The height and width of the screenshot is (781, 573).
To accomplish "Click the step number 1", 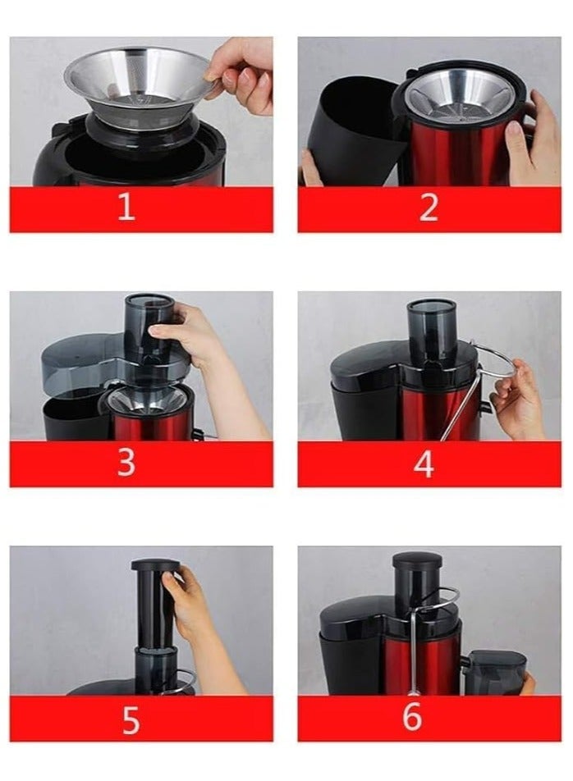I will (126, 208).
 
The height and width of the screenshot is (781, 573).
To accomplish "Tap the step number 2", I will (429, 208).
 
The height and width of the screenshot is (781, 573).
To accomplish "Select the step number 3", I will (126, 463).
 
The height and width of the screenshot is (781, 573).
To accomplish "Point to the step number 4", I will (424, 464).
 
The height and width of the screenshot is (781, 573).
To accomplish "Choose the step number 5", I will (131, 719).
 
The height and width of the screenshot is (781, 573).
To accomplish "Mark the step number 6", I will (412, 716).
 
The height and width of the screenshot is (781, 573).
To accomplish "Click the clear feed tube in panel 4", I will (432, 328).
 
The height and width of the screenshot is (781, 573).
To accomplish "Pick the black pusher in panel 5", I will (154, 607).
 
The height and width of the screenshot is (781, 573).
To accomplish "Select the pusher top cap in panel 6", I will (416, 561).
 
